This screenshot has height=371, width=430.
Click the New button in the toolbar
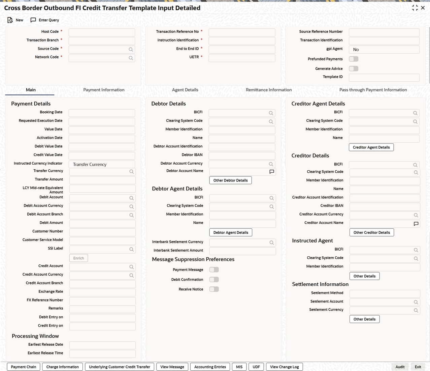15,20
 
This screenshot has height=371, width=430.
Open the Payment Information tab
104,90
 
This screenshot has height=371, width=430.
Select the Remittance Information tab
268,90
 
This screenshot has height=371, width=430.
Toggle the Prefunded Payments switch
353,59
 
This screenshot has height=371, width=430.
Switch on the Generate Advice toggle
353,69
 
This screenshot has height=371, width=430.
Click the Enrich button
78,258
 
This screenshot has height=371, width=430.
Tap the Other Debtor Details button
230,180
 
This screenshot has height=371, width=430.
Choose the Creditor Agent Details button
371,147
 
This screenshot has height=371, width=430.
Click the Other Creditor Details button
371,232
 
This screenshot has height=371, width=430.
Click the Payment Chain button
23,367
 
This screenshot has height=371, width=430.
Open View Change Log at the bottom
284,367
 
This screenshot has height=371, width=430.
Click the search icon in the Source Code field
131,50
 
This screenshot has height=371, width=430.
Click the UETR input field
241,58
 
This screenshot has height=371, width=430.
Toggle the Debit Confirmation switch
214,280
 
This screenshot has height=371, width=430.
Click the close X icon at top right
423,8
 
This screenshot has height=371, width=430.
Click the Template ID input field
384,78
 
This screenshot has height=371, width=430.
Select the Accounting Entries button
210,367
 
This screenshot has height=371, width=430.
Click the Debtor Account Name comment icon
272,172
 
